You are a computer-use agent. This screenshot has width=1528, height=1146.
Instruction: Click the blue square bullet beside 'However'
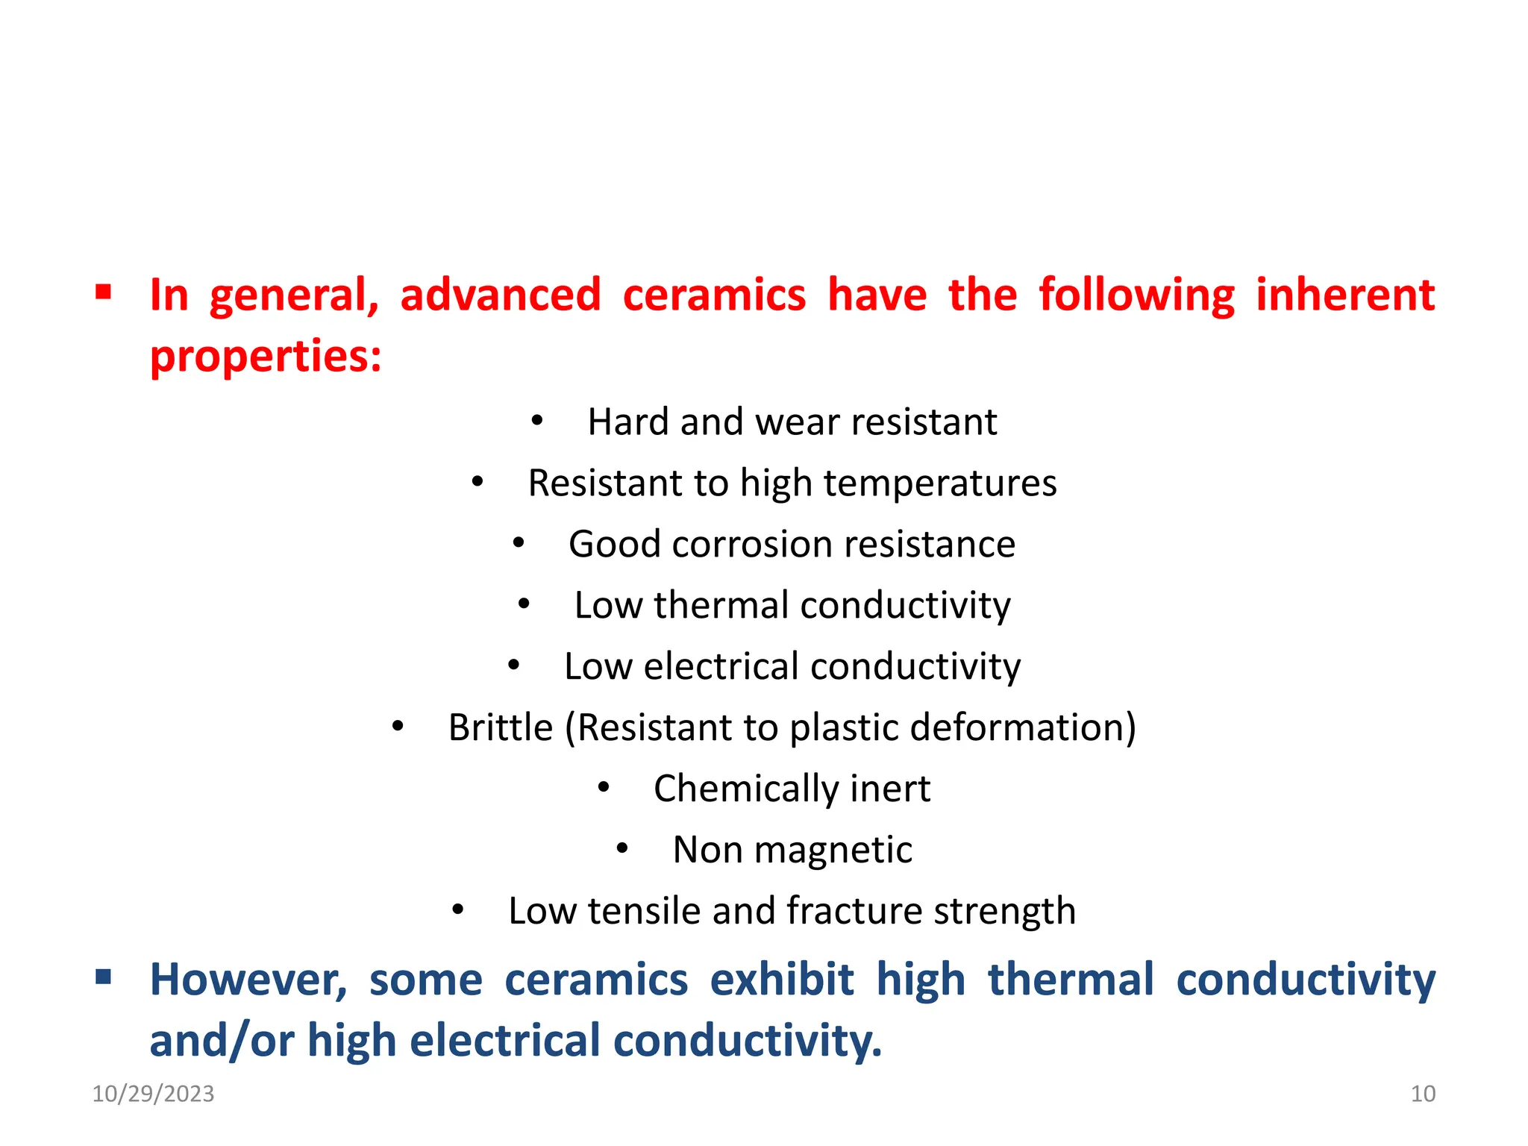[x=103, y=976]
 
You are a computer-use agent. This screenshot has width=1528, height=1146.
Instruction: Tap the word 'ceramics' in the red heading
[x=714, y=295]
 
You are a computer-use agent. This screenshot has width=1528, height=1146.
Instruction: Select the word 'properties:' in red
[x=266, y=357]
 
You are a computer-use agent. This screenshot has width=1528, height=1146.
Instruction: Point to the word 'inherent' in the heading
[x=1345, y=295]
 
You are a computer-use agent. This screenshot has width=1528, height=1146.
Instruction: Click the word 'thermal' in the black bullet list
[x=721, y=605]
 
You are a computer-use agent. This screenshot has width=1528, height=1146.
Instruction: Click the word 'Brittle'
[x=500, y=727]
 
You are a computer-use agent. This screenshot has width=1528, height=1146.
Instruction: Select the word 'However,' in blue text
[x=248, y=980]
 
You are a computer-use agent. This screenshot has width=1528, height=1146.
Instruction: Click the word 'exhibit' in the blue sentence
[x=781, y=980]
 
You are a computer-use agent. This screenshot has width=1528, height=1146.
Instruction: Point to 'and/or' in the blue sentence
[x=222, y=1041]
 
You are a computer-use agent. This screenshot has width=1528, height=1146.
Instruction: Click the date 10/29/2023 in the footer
[x=153, y=1094]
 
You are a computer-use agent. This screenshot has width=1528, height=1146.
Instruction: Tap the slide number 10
[x=1423, y=1094]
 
